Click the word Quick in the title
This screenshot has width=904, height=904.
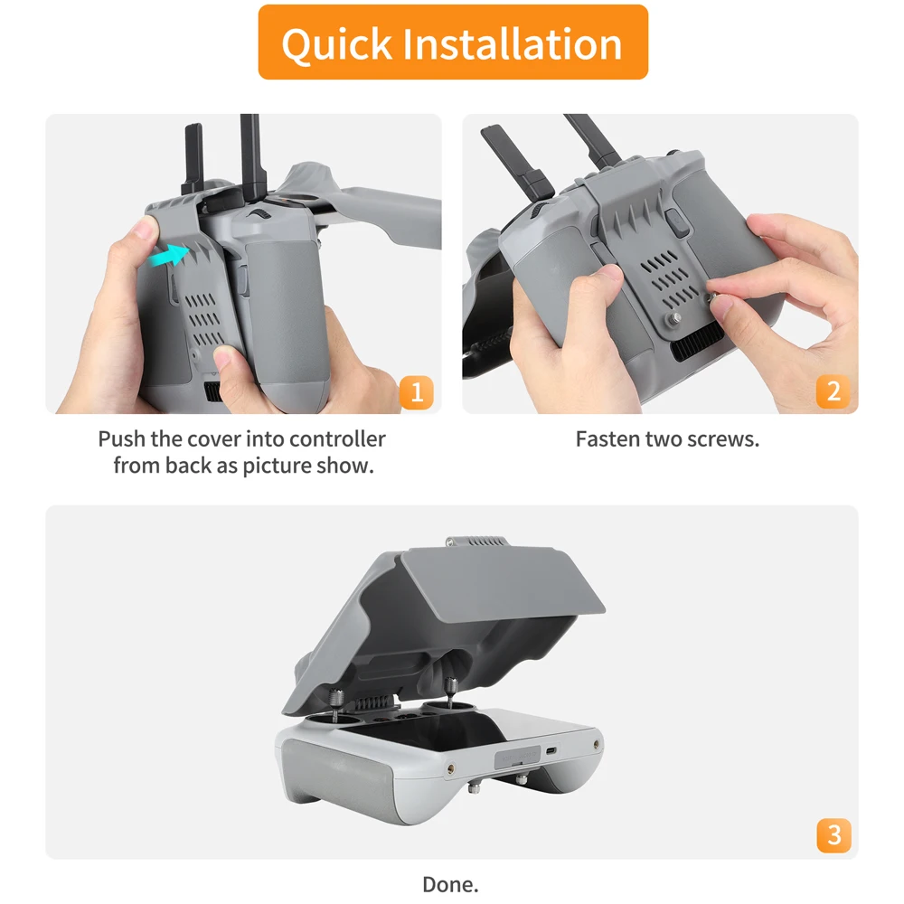coord(335,42)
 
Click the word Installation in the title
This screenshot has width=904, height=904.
coord(513,42)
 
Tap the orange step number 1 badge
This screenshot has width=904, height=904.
coord(417,392)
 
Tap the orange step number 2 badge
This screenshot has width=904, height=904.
coord(833,392)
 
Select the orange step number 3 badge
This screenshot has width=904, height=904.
coord(833,834)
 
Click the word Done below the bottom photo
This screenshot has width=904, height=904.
coord(450,884)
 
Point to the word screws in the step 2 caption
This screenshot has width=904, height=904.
coord(724,439)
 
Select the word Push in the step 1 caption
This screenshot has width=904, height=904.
coord(121,439)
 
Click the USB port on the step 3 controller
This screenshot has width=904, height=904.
coord(552,750)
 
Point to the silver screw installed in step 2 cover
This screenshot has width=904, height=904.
coord(674,319)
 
